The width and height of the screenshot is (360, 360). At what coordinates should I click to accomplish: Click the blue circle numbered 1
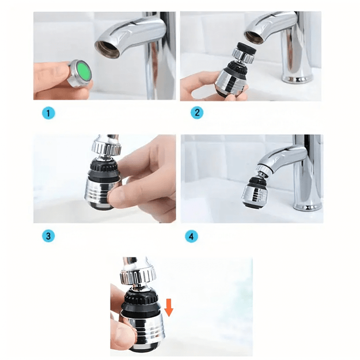(x=48, y=113)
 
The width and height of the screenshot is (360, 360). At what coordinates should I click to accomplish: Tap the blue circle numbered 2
(x=197, y=112)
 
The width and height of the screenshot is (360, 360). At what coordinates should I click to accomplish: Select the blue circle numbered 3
(x=48, y=236)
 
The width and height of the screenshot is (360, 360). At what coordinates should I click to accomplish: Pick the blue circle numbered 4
(x=191, y=236)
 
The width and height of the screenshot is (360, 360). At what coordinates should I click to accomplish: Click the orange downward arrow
(x=169, y=308)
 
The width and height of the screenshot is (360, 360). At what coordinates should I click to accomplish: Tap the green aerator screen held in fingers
(x=84, y=70)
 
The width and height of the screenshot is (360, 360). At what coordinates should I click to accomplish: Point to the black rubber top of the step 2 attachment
(x=247, y=48)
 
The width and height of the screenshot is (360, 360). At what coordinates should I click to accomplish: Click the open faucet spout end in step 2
(x=256, y=37)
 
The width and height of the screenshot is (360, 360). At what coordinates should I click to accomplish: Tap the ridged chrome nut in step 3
(x=106, y=147)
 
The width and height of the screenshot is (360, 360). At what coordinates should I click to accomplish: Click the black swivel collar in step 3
(x=104, y=169)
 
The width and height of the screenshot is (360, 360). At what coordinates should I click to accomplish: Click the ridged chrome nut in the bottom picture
(x=138, y=276)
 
